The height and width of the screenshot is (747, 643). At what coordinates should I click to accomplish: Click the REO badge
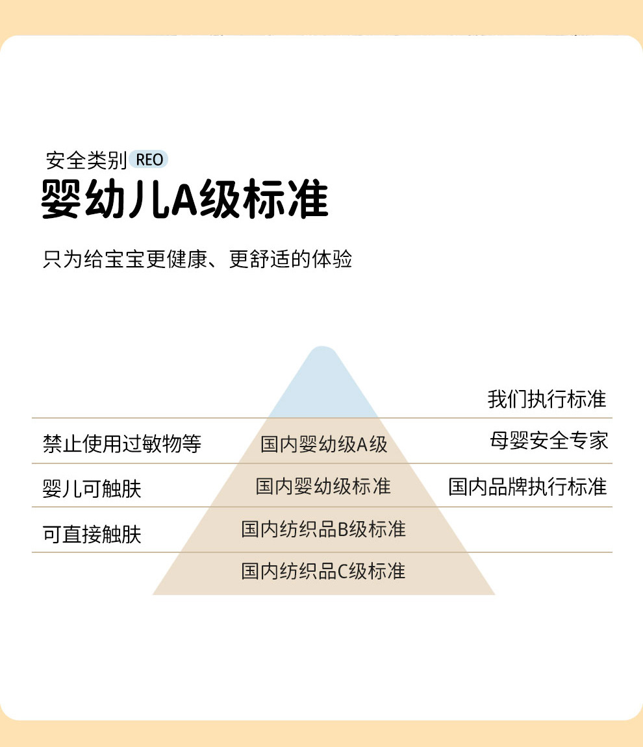149,160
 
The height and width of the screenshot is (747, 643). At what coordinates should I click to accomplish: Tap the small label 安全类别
86,160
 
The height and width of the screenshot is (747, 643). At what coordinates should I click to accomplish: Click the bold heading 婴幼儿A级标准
185,199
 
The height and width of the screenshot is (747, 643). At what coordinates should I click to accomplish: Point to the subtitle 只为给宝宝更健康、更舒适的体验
197,260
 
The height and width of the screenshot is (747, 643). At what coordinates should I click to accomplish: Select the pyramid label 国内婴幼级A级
323,445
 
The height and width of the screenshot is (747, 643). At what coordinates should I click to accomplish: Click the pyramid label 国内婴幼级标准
323,486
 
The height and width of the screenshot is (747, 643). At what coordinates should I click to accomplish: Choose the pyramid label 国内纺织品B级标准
323,529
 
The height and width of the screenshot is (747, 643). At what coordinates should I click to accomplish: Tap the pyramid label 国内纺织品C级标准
323,571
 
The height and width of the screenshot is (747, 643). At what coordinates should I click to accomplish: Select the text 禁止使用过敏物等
122,444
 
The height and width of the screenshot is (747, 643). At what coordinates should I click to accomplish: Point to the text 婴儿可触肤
92,489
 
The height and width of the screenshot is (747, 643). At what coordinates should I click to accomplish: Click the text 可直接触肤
92,534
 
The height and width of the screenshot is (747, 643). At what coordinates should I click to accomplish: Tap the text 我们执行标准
547,399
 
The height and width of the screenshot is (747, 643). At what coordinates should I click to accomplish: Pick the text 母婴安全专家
549,441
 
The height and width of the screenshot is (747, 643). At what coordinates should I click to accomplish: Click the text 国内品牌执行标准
527,487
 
